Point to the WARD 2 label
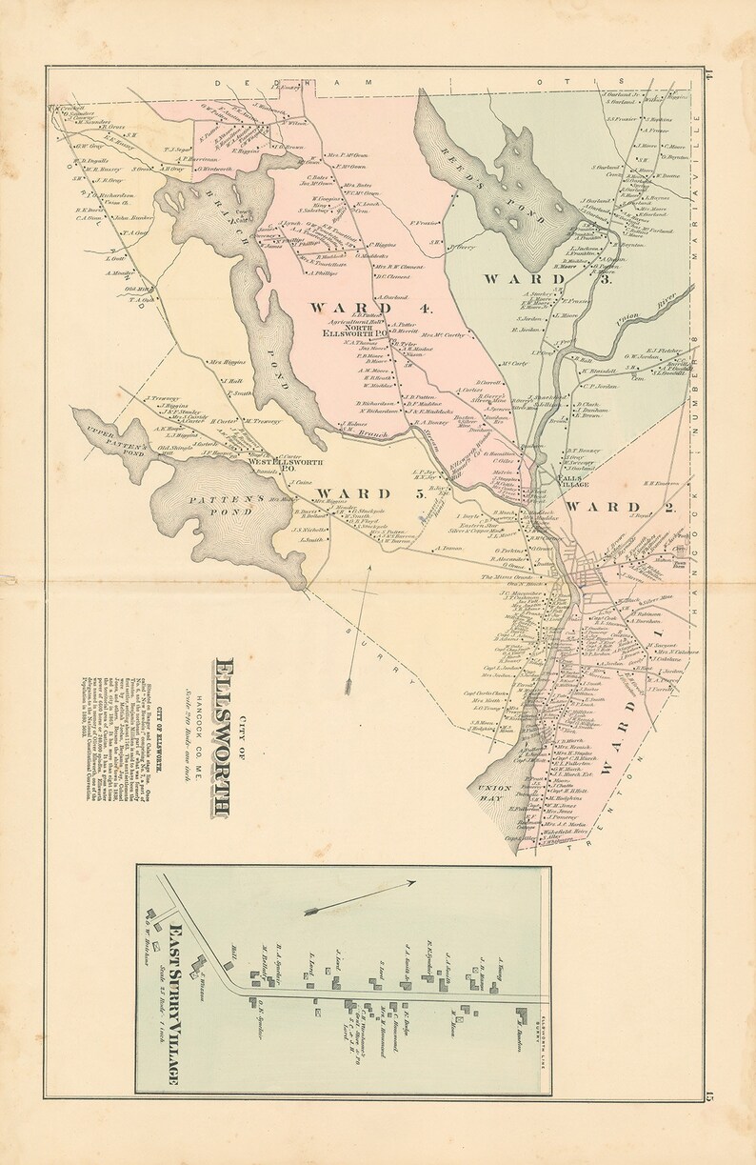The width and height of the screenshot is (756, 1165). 619,507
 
